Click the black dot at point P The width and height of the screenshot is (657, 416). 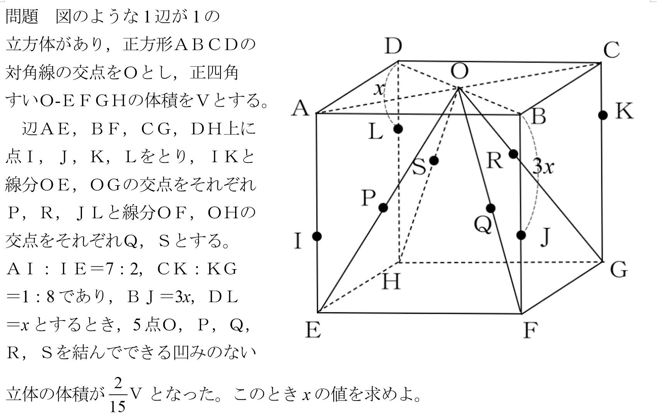click(383, 208)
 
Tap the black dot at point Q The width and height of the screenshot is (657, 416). click(490, 208)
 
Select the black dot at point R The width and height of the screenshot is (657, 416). click(513, 154)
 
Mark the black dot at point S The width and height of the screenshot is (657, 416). click(434, 160)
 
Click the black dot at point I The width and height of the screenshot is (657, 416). click(317, 236)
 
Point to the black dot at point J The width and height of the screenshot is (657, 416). click(521, 235)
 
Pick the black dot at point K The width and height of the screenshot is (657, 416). click(602, 115)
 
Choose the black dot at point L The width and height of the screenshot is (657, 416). click(398, 129)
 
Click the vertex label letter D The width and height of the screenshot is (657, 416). click(393, 46)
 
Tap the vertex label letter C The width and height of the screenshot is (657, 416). click(612, 50)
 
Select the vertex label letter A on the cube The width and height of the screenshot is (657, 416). click(301, 108)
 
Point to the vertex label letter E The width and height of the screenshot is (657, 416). click(312, 330)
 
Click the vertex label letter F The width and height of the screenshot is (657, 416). click(530, 330)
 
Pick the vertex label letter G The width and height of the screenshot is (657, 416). click(619, 269)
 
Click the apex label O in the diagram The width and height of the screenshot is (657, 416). click(459, 72)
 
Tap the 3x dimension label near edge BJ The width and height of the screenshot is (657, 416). click(543, 167)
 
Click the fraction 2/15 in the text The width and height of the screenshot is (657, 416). click(117, 394)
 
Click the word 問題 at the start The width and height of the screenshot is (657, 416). click(22, 17)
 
